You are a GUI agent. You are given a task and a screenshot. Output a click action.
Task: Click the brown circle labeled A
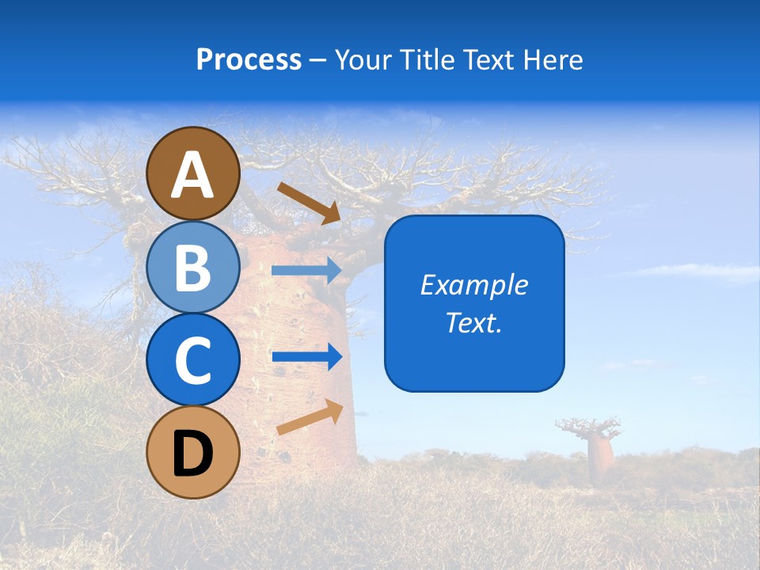(x=193, y=173)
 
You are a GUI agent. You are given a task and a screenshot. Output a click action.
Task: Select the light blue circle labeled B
(x=193, y=267)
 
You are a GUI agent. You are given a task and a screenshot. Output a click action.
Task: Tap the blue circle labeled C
(x=193, y=359)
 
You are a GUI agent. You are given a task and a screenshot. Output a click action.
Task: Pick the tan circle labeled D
(x=193, y=452)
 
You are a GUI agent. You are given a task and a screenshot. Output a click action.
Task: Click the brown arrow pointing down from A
(x=309, y=203)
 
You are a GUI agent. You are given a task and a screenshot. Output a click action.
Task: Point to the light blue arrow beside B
(x=306, y=271)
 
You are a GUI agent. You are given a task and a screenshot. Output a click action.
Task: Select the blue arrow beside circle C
(x=306, y=356)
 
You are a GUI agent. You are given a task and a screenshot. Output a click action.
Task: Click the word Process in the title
(x=249, y=59)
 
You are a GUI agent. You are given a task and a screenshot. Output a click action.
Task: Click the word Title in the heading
(x=426, y=59)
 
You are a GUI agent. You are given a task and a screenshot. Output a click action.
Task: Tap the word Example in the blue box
(x=474, y=285)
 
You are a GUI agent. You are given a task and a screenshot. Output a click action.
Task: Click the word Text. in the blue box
(x=474, y=322)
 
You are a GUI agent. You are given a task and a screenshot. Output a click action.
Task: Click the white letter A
(x=193, y=176)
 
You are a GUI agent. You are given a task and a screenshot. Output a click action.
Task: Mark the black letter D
(x=193, y=454)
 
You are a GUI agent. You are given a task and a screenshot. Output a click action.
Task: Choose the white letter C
(x=193, y=361)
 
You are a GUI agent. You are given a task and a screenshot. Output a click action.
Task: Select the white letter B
(x=193, y=268)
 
